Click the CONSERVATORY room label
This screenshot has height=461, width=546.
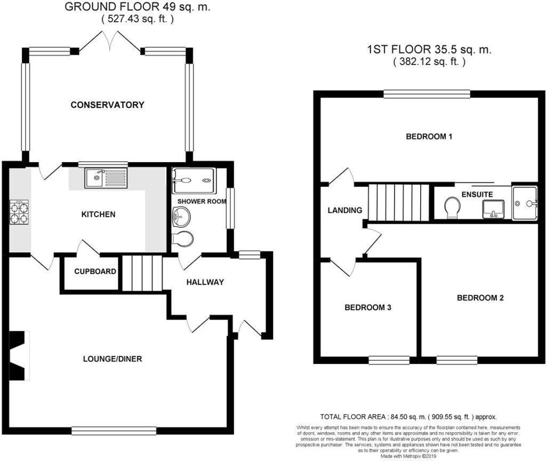(107, 105)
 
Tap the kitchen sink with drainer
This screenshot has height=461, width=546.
(106, 178)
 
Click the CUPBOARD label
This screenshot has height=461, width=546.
(95, 272)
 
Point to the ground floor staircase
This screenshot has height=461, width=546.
(142, 273)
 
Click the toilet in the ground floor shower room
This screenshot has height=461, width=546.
(184, 239)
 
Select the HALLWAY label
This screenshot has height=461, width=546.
(205, 282)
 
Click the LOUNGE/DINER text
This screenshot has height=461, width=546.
(113, 359)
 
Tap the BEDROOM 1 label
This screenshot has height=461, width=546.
(429, 137)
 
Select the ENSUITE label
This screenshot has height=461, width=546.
(477, 194)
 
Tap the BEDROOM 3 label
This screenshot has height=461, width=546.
(368, 308)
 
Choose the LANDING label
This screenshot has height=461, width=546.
(345, 210)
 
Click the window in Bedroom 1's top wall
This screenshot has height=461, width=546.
(427, 94)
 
